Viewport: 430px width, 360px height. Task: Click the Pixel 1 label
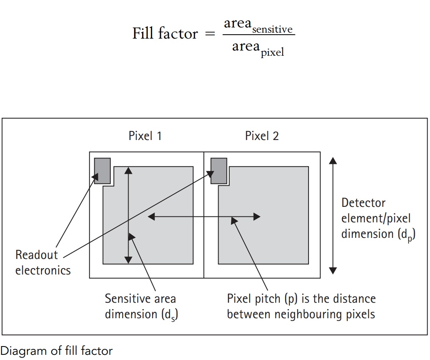tap(145, 136)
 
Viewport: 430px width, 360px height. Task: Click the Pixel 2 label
tap(262, 136)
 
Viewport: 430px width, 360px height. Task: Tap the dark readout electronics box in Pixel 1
tap(102, 171)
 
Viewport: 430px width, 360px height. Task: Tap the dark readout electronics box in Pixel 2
tap(219, 171)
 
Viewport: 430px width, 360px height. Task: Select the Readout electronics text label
tap(43, 263)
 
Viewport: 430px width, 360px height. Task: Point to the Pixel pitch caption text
tap(301, 306)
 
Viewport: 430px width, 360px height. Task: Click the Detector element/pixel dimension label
tap(378, 218)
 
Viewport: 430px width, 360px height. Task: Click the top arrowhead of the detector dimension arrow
tap(333, 160)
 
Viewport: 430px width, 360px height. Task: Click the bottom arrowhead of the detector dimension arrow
tap(333, 270)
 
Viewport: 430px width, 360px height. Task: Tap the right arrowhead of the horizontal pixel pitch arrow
tap(257, 217)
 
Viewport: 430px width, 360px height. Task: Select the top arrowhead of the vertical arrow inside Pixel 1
tap(128, 170)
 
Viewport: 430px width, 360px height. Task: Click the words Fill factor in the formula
tap(165, 34)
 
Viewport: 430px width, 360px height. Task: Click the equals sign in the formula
tap(209, 35)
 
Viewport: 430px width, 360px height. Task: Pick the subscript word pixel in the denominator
tap(272, 52)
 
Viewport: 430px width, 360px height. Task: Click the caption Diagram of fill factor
tap(57, 351)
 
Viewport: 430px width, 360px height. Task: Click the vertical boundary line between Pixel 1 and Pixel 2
tap(204, 215)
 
